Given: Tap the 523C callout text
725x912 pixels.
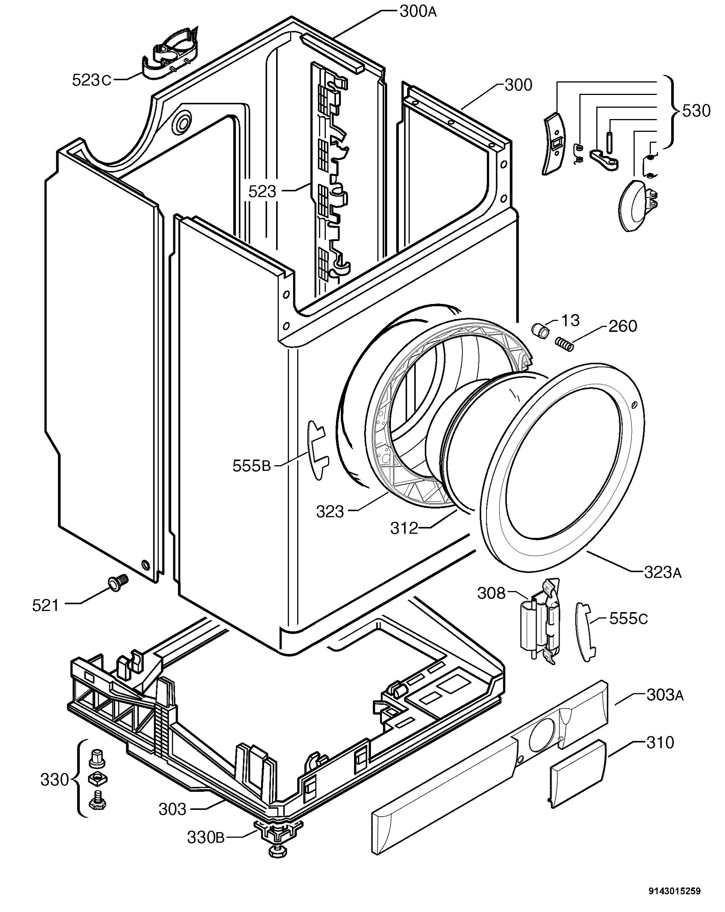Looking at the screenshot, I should pos(92,80).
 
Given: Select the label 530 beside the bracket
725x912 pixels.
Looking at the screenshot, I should pos(696,111).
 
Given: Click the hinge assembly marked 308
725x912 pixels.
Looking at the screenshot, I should pos(540,620).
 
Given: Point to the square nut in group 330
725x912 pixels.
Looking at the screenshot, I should pos(97,778).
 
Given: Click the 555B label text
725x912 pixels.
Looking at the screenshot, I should pos(251,466).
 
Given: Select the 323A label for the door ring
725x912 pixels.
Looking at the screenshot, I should pos(662,573).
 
